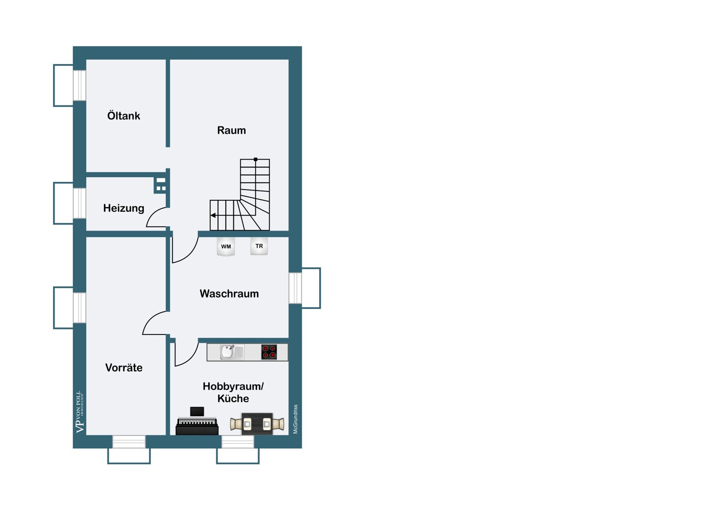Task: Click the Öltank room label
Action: coord(123,115)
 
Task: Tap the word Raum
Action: coord(232,130)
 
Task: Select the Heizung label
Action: coord(123,208)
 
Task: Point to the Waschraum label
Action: coord(229,293)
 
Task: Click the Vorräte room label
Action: coord(124,367)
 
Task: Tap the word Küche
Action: coord(233,398)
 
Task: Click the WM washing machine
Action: coord(226,246)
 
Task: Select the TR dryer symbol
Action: coord(259,246)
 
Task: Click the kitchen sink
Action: coord(232,352)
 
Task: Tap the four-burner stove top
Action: coord(269,352)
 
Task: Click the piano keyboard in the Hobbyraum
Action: coord(197,422)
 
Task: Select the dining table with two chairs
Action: coord(257,424)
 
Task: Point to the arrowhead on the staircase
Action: coord(213,215)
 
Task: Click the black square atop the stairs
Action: coord(256,159)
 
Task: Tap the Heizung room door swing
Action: coord(157,217)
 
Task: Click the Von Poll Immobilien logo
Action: coord(79,412)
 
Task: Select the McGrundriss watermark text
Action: coord(295,419)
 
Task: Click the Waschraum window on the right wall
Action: coord(295,288)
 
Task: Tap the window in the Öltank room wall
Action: coord(79,85)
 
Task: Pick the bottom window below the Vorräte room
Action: coord(129,442)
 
